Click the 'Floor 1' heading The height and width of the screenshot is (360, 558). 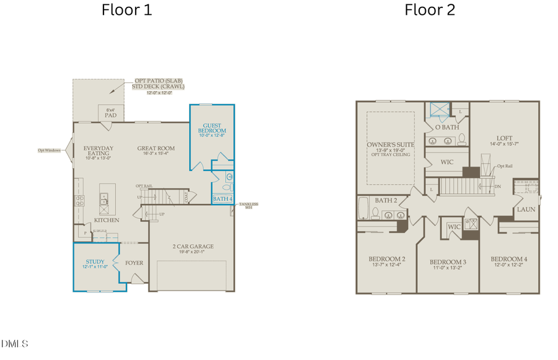pyautogui.click(x=126, y=10)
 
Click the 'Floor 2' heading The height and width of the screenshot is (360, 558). pyautogui.click(x=430, y=10)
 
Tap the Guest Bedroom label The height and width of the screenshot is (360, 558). pyautogui.click(x=212, y=128)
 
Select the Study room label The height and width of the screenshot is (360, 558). pyautogui.click(x=95, y=262)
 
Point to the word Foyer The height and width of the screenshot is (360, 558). pyautogui.click(x=134, y=263)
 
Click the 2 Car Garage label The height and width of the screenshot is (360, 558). pyautogui.click(x=193, y=247)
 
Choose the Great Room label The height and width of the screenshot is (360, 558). pyautogui.click(x=156, y=149)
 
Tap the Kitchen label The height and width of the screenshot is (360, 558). pyautogui.click(x=106, y=220)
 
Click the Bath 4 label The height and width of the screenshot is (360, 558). pyautogui.click(x=222, y=199)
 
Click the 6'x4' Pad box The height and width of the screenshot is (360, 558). pyautogui.click(x=111, y=113)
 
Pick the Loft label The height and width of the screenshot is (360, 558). pyautogui.click(x=504, y=138)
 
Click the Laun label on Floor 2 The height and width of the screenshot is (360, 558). pyautogui.click(x=526, y=209)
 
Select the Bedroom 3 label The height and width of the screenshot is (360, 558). pyautogui.click(x=448, y=262)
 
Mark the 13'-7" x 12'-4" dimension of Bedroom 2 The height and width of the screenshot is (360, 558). pyautogui.click(x=386, y=265)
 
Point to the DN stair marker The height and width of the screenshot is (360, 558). pyautogui.click(x=498, y=187)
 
